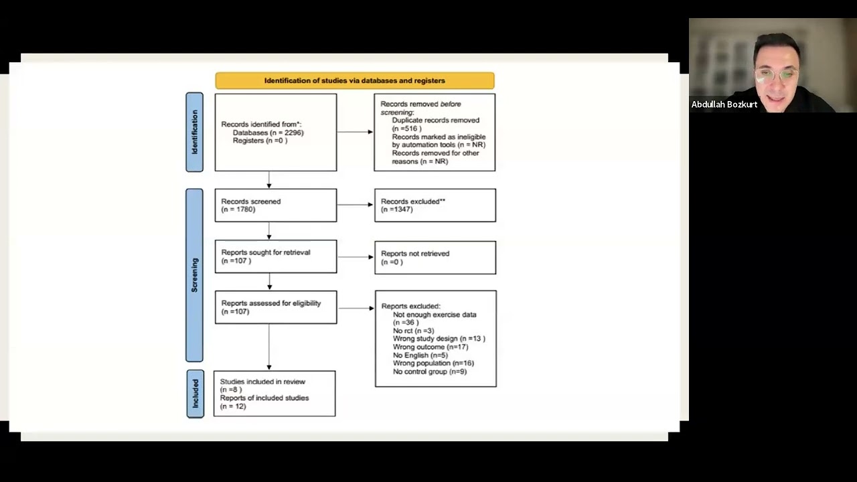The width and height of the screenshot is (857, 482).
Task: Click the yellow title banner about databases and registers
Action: (x=355, y=81)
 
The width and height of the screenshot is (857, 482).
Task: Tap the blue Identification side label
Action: (x=194, y=132)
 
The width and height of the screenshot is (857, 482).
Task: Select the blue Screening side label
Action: (x=194, y=275)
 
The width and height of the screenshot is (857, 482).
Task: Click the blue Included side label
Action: (x=195, y=394)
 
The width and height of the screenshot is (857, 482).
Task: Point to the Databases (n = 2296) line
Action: (x=268, y=133)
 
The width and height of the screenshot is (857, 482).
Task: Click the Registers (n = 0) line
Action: (x=260, y=141)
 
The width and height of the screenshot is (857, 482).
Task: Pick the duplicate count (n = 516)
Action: (x=406, y=129)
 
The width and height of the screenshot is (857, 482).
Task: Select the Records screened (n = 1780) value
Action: (x=238, y=210)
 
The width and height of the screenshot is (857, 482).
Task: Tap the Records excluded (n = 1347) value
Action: (x=397, y=210)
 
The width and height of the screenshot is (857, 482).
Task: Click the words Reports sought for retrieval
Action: (x=266, y=252)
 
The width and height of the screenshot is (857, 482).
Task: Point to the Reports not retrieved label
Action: (x=415, y=253)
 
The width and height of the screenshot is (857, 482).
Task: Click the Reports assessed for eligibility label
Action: (x=271, y=303)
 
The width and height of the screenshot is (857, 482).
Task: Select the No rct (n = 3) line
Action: (x=414, y=331)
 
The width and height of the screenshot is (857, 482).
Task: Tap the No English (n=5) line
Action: (x=420, y=355)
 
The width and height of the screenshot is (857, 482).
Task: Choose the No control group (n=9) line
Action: (x=430, y=372)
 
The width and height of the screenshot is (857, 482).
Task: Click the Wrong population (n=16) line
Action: (x=433, y=363)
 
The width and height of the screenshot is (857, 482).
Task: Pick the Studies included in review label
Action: (x=262, y=382)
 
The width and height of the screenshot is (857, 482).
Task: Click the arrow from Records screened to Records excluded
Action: (x=355, y=205)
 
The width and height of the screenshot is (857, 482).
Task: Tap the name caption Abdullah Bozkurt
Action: (x=724, y=104)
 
